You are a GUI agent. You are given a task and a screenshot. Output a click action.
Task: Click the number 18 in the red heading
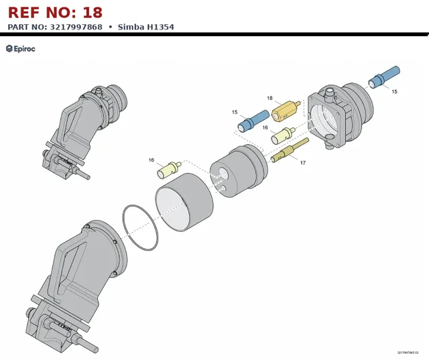93,13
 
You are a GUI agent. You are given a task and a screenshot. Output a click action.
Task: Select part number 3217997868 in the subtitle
76,27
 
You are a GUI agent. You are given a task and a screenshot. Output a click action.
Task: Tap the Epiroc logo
21,49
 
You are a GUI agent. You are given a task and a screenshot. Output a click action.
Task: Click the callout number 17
302,163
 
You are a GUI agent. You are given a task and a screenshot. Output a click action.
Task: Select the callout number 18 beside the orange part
269,98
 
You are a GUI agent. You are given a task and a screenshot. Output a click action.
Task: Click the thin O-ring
140,227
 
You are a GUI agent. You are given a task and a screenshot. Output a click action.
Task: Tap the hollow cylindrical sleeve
184,202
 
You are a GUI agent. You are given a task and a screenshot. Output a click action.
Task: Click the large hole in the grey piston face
223,174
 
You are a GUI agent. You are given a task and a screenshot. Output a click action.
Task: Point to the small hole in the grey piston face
223,188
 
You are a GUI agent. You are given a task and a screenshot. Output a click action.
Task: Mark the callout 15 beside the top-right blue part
394,92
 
